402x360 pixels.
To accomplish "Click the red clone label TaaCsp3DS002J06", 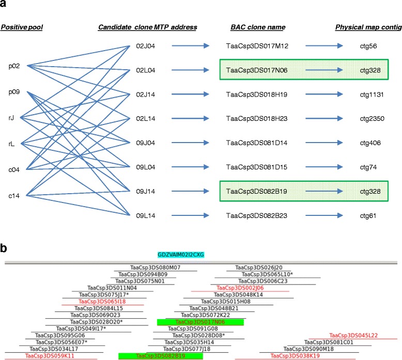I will [240, 288].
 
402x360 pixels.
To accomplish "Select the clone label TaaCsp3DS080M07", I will [155, 268].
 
